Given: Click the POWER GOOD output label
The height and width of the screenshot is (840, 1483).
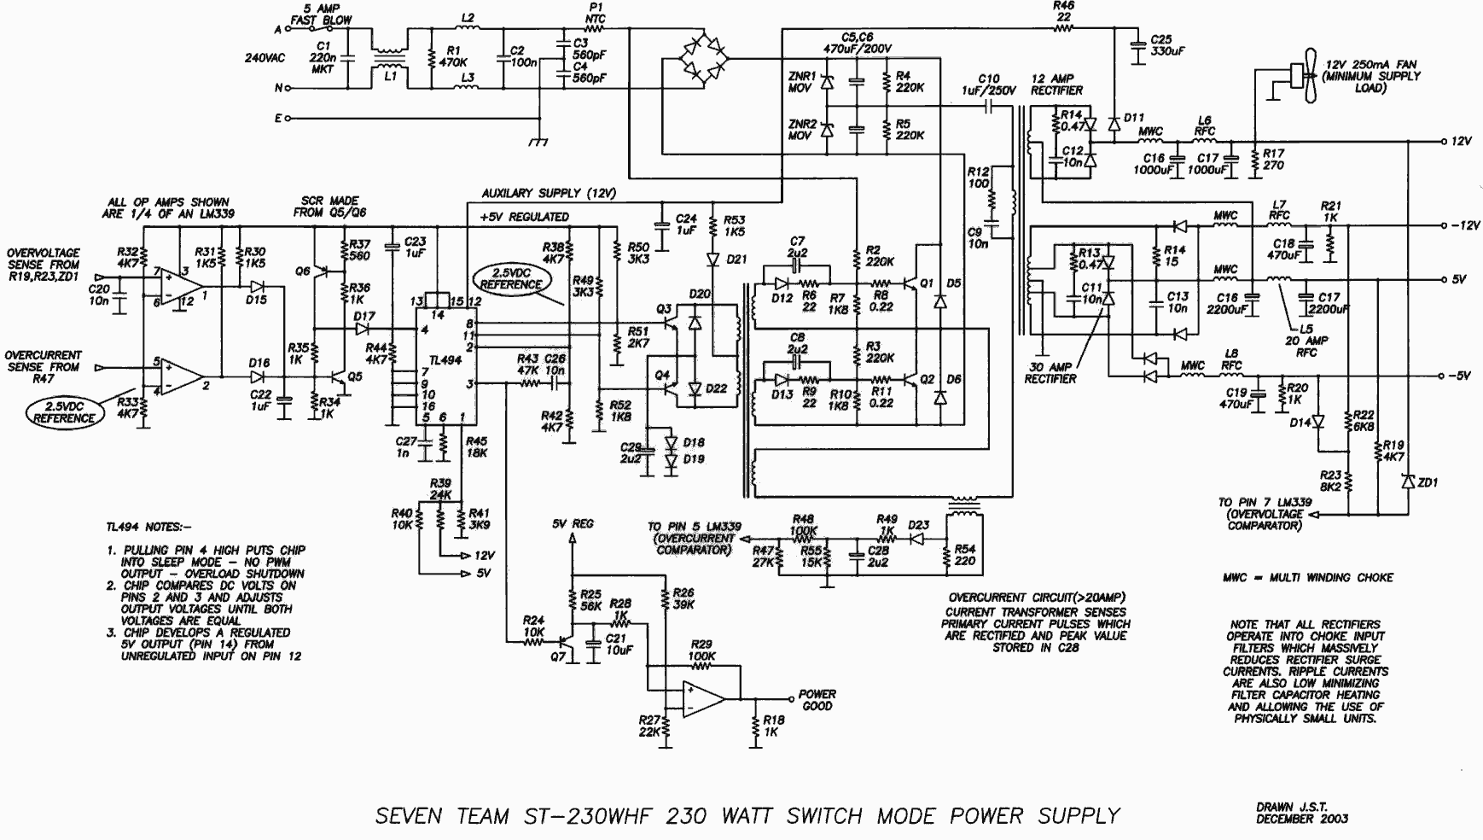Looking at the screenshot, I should pos(817,700).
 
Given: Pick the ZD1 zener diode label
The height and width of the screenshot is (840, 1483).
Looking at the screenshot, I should pos(1427,482).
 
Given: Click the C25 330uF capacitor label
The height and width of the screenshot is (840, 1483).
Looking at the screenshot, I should pos(1160,45).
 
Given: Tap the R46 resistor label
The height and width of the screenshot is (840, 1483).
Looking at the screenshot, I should pos(1064,11).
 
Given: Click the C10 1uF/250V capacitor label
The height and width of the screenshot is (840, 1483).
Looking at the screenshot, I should pos(989,85).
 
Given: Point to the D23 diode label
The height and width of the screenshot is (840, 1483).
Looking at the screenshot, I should pos(918,526).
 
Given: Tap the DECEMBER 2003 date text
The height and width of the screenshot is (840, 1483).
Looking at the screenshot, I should pos(1301,820).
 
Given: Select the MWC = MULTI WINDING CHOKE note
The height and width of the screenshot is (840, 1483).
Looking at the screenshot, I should pos(1307,578).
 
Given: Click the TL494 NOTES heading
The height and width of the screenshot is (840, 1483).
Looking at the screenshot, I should pos(148,528).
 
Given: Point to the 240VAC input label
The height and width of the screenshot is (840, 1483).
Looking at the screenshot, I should pos(265,59).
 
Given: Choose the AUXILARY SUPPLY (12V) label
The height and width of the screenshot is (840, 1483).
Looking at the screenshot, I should pos(548,194).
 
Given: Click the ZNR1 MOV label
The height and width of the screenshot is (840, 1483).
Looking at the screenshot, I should pos(801,82).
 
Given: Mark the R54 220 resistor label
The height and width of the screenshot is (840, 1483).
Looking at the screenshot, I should pos(964,555).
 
